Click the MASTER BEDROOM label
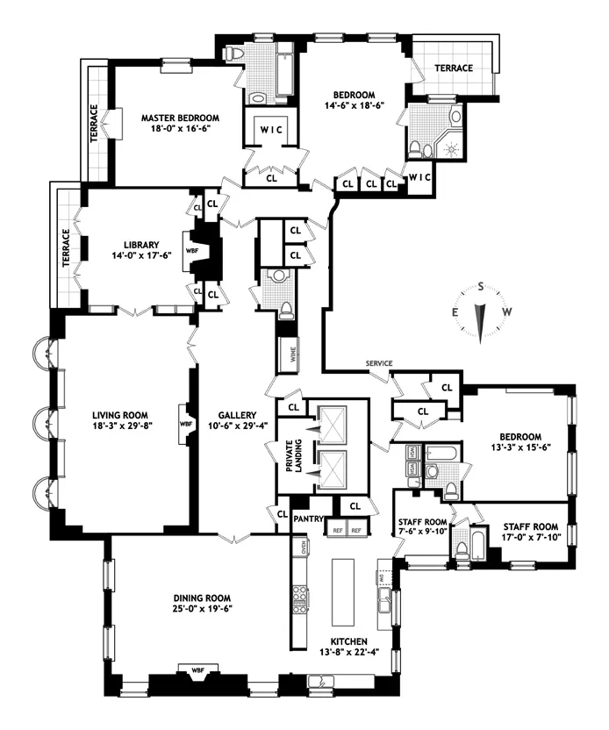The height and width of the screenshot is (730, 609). [x=181, y=117]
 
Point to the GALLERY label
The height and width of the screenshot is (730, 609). [x=237, y=416]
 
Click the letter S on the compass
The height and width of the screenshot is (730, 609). [x=481, y=285]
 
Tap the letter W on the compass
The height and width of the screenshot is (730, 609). [x=506, y=313]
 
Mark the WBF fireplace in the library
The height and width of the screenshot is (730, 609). [x=192, y=250]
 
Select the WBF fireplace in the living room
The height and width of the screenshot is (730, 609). [x=185, y=423]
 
